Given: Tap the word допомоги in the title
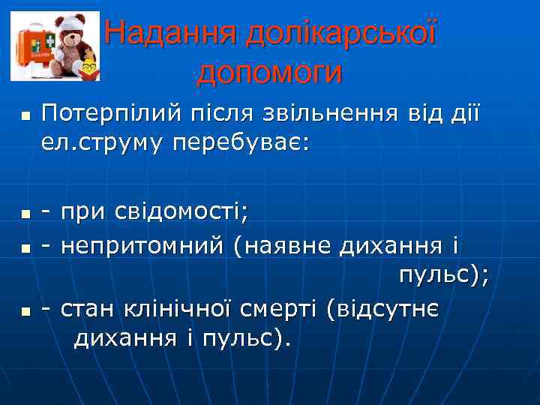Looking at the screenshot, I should click(x=269, y=72).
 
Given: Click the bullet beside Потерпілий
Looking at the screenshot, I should click(x=25, y=117).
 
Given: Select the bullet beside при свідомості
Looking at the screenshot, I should click(x=25, y=214).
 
